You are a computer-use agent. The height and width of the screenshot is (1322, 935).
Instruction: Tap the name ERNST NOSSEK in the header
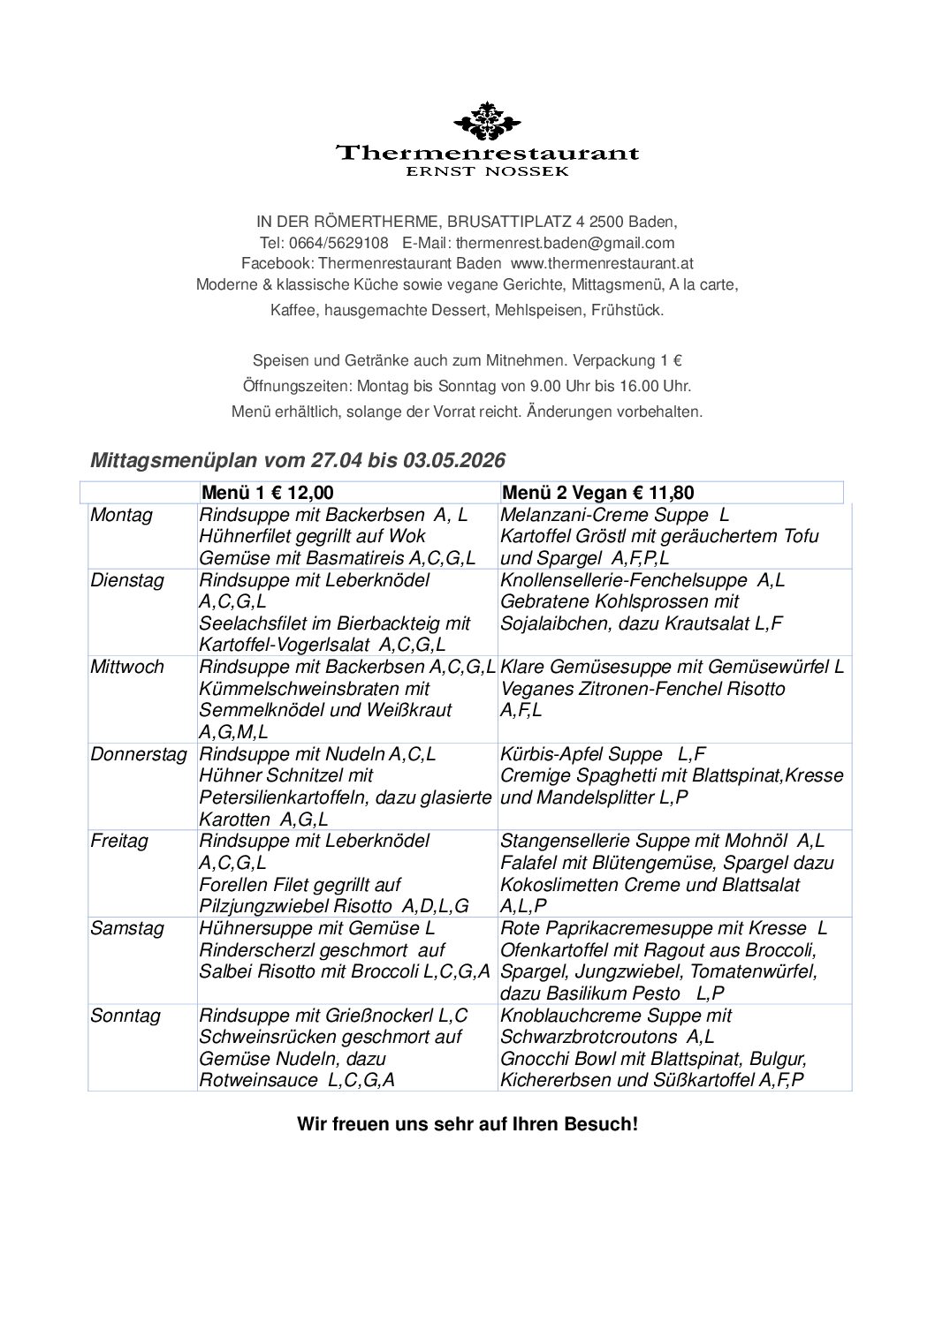(487, 171)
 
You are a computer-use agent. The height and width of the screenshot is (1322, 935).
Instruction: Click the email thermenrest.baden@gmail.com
(565, 243)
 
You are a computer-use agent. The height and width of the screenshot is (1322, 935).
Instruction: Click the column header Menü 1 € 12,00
(269, 493)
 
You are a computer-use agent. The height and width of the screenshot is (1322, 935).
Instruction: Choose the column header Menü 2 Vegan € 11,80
(597, 493)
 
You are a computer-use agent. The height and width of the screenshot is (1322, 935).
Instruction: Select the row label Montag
(121, 515)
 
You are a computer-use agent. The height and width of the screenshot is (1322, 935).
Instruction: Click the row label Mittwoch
(127, 667)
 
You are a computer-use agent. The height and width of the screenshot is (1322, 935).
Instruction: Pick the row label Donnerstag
(139, 754)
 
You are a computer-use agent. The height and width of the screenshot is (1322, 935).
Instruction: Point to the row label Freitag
(119, 841)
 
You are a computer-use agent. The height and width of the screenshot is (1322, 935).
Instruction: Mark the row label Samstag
(127, 928)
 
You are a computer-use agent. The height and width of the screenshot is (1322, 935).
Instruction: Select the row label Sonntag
(125, 1016)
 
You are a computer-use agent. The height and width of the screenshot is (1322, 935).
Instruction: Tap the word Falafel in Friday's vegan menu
(528, 863)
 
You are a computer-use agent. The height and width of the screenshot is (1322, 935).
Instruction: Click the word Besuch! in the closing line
(598, 1125)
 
